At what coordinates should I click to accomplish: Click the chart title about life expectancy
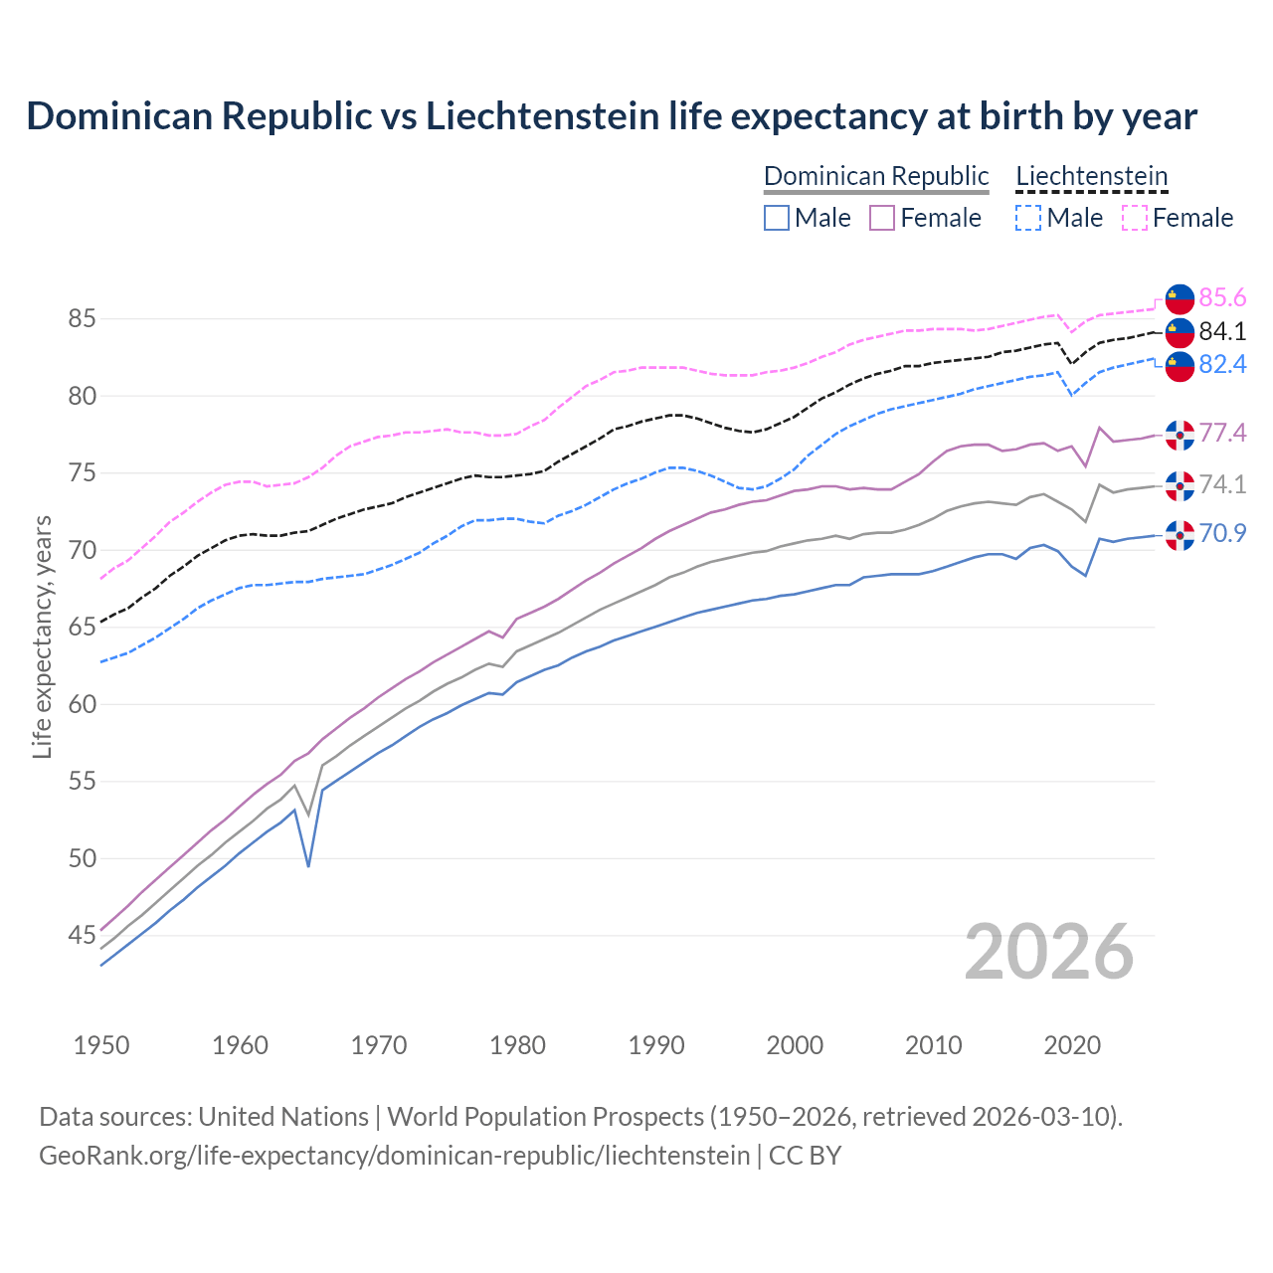(x=612, y=116)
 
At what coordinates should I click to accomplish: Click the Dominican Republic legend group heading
(x=876, y=176)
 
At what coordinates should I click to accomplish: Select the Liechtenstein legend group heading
(x=1091, y=176)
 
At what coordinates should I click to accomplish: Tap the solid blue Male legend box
(x=777, y=218)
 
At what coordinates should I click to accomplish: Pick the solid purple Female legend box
(x=882, y=218)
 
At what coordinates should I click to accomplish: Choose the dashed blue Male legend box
(x=1028, y=218)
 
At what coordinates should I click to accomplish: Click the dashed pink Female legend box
(x=1135, y=218)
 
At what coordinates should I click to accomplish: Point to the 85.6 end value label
(x=1222, y=297)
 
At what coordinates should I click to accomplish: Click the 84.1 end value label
(x=1222, y=331)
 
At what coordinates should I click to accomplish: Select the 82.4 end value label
(x=1222, y=364)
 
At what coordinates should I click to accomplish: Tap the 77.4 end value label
(x=1222, y=433)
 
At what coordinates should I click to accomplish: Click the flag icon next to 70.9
(x=1180, y=535)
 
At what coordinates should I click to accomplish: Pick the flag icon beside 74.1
(x=1180, y=485)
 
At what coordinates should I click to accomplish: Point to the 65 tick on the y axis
(x=82, y=628)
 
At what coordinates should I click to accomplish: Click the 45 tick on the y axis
(x=82, y=936)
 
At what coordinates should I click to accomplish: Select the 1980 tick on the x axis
(x=518, y=1045)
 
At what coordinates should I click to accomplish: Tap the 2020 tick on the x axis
(x=1072, y=1045)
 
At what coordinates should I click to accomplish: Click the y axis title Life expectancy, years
(x=42, y=636)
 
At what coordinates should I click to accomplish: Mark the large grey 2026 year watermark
(x=1049, y=952)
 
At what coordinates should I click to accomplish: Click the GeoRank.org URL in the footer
(x=394, y=1156)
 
